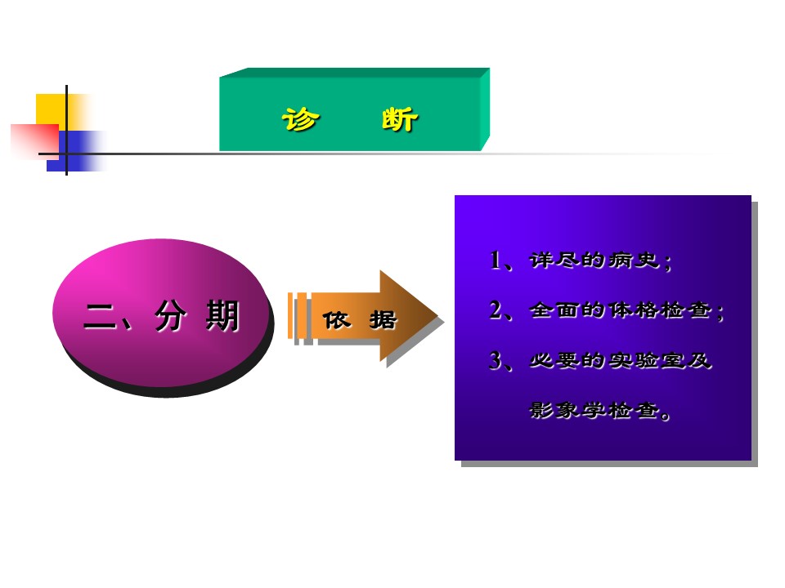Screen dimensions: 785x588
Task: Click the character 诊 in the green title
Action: [300, 119]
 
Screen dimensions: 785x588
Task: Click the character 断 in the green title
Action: [400, 119]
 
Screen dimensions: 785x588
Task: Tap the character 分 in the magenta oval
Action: [170, 316]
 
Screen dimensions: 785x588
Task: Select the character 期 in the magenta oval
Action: [222, 316]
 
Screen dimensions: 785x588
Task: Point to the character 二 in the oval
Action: [100, 317]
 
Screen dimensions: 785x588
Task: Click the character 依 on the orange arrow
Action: [336, 320]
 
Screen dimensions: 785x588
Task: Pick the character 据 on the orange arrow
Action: [383, 320]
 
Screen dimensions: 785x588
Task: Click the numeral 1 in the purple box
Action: [496, 260]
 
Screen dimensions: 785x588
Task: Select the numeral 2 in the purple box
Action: [496, 310]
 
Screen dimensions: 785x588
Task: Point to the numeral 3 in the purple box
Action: [496, 360]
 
